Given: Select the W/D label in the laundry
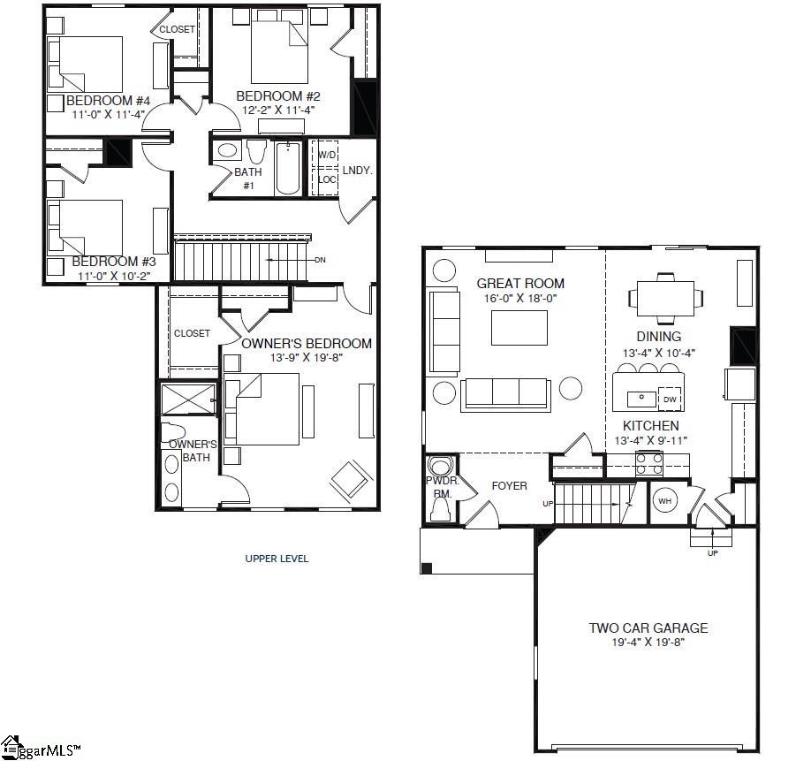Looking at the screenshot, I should pyautogui.click(x=327, y=155).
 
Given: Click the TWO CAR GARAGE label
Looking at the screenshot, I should pyautogui.click(x=648, y=628).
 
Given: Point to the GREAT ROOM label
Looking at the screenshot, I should pyautogui.click(x=520, y=284).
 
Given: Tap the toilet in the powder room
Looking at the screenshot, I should pyautogui.click(x=439, y=467).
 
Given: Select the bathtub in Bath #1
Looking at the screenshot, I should pyautogui.click(x=288, y=167).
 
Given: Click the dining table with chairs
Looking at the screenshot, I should pyautogui.click(x=666, y=299).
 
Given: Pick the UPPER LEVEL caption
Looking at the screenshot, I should pyautogui.click(x=277, y=559).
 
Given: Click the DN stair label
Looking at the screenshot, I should pyautogui.click(x=321, y=260).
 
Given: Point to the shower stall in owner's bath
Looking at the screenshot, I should pyautogui.click(x=187, y=400).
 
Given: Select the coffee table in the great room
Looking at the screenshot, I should pyautogui.click(x=519, y=328).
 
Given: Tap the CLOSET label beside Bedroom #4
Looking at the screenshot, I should pyautogui.click(x=177, y=29).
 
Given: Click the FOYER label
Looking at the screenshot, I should pyautogui.click(x=509, y=486).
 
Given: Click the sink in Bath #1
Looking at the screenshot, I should pyautogui.click(x=227, y=151).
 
